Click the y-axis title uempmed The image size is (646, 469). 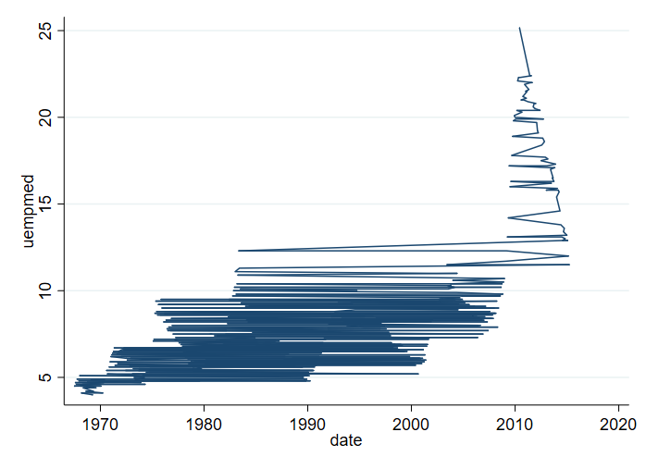click(x=30, y=210)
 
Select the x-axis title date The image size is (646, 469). click(x=346, y=441)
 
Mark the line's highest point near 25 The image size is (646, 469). click(x=519, y=28)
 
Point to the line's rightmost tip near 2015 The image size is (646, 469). click(x=569, y=265)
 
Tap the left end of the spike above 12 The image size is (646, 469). click(x=239, y=251)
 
